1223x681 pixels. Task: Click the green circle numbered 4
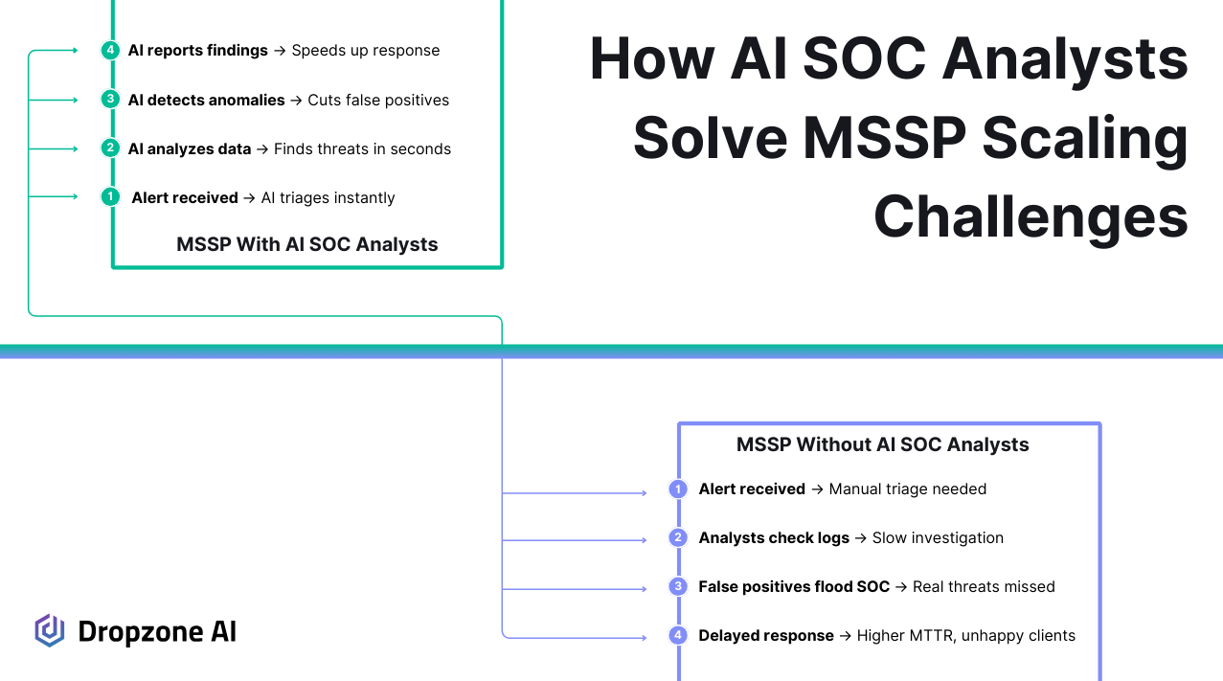[x=110, y=50]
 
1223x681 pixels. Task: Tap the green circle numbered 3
[x=110, y=99]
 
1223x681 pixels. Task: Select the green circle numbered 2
[x=110, y=148]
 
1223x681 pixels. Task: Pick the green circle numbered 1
[x=110, y=196]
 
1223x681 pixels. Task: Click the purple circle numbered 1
[x=678, y=488]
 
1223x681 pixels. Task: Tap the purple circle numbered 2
[x=678, y=537]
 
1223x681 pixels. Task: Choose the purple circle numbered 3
[x=678, y=586]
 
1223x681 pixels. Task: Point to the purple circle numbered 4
[x=678, y=635]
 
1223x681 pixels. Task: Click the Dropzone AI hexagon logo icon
[x=50, y=631]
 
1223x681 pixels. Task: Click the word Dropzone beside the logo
[x=141, y=632]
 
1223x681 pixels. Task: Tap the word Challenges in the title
[x=1030, y=216]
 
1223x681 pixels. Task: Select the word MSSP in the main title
[x=884, y=138]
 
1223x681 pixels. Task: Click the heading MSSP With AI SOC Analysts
[x=306, y=244]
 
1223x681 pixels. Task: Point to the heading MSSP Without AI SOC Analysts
[x=882, y=444]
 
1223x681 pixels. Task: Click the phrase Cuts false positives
[x=378, y=100]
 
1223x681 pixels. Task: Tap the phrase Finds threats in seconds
[x=363, y=149]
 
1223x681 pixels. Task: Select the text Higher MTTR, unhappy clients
[x=965, y=636]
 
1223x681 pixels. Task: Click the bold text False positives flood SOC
[x=794, y=586]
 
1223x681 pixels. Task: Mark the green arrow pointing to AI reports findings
[x=53, y=50]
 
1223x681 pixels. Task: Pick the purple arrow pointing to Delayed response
[x=575, y=637]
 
